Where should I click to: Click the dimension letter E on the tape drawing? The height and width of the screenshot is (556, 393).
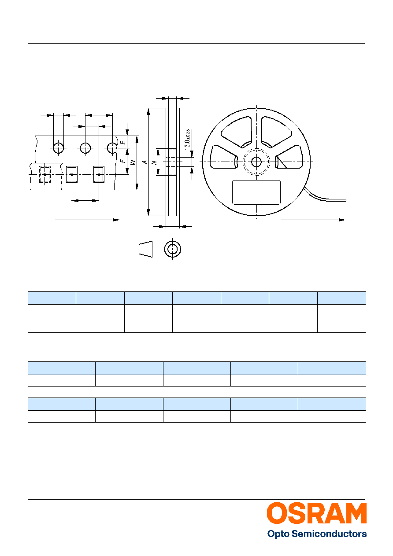(123, 143)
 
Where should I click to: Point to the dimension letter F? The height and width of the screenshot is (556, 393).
(123, 161)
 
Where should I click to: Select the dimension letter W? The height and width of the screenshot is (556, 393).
(133, 162)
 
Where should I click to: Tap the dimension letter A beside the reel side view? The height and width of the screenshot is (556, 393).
(145, 162)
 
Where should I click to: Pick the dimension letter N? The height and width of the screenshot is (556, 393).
(155, 162)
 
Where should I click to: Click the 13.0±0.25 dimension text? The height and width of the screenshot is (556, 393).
(188, 140)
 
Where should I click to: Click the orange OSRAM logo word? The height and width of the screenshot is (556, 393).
(317, 513)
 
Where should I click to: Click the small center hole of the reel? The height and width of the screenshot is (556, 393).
(256, 162)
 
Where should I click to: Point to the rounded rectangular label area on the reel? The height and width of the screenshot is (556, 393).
(256, 192)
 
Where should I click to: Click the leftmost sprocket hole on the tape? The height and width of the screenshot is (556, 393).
(59, 148)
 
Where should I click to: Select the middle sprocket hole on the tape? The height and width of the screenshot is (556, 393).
(85, 148)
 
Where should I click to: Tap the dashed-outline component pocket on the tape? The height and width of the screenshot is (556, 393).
(45, 174)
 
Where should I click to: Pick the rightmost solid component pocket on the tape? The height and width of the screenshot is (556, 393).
(99, 174)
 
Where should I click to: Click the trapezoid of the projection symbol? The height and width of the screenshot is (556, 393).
(145, 249)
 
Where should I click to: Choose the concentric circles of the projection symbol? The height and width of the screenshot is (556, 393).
(172, 249)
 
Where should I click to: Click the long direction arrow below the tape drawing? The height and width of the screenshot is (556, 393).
(87, 220)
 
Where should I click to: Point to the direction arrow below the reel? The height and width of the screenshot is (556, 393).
(313, 220)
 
